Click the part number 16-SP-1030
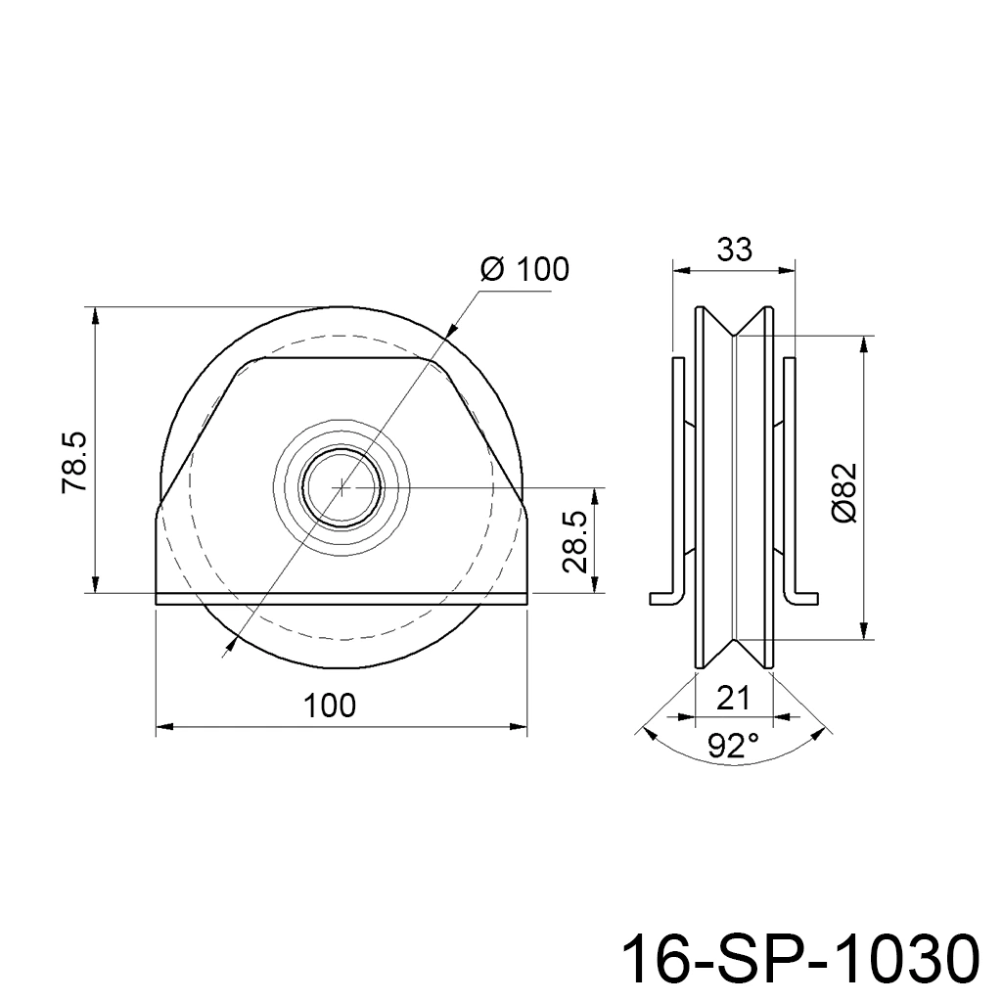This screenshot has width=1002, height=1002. point(800,959)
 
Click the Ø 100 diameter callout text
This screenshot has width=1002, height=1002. point(524,270)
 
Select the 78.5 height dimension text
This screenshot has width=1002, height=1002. point(74,462)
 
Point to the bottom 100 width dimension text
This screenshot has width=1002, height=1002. point(329,706)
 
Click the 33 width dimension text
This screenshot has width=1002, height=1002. point(734,250)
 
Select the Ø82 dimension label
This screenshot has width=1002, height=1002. point(844,493)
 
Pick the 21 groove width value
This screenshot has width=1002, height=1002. point(733,699)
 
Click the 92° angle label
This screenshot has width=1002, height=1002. point(734,746)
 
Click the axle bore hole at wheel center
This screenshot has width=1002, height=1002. point(342,487)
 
